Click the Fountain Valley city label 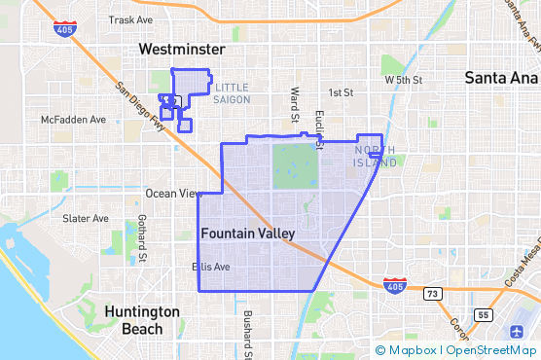[247, 234]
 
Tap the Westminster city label [182, 49]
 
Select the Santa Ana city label [502, 77]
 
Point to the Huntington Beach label [141, 320]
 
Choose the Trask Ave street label [131, 19]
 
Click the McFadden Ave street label [73, 120]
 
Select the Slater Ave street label [86, 219]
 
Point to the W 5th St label [404, 80]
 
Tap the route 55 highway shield [484, 315]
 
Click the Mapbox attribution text [411, 350]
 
